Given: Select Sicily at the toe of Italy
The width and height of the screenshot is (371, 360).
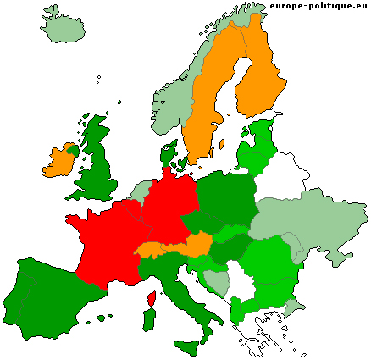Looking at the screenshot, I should tap(187, 346).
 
